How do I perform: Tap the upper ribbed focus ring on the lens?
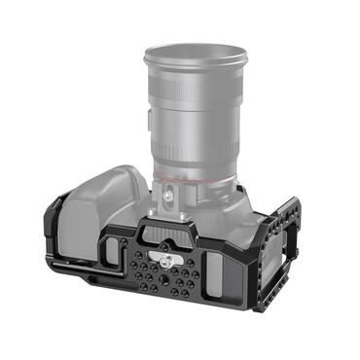[195, 108]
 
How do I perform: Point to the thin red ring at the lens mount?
[195, 179]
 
